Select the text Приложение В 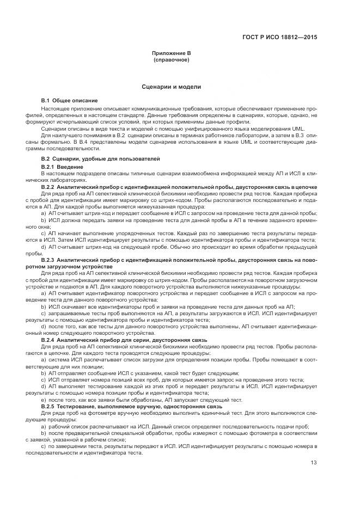(171, 53)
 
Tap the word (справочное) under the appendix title (171, 59)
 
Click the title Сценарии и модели (171, 87)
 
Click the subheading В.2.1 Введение (62, 165)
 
